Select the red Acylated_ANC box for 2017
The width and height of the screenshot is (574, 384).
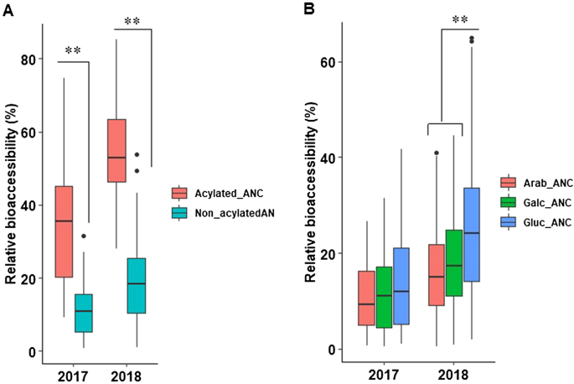[x=64, y=231]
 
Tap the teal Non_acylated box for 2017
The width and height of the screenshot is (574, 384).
[x=84, y=313]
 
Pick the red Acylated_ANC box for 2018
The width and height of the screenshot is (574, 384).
[x=128, y=150]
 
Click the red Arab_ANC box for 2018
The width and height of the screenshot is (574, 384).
[x=436, y=275]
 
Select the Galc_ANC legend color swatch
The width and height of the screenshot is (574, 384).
[x=508, y=203]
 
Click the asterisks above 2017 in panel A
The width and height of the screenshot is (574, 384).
[x=74, y=50]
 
